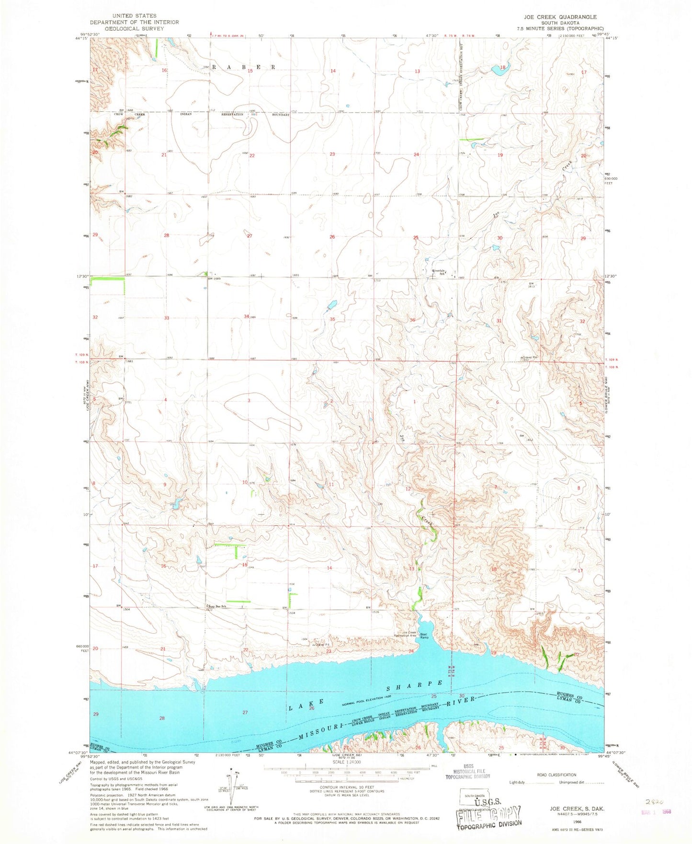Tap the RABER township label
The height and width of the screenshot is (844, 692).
click(x=244, y=68)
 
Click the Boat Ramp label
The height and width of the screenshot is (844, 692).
click(x=424, y=636)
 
